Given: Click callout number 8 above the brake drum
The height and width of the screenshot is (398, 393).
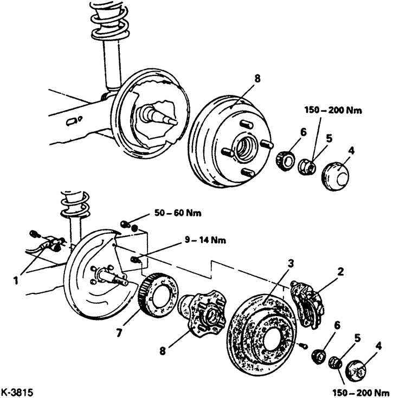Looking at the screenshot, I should click(257, 79).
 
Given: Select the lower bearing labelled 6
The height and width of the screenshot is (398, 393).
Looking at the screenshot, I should click(319, 356).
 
